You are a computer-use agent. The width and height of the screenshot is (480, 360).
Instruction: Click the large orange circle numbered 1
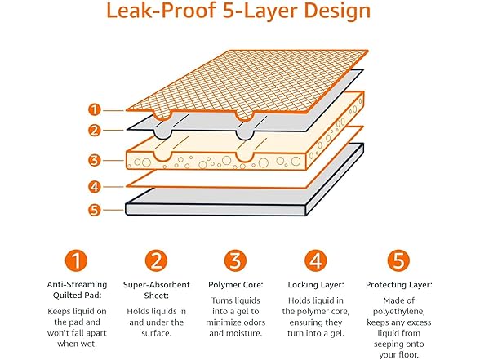click(x=76, y=260)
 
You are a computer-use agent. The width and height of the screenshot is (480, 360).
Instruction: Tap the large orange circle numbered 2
click(x=156, y=260)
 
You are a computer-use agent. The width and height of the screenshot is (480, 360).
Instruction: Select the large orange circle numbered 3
click(x=236, y=260)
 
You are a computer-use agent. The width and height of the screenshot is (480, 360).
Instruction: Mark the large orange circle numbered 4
click(x=316, y=260)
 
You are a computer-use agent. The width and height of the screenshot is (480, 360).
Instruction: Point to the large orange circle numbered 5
click(x=396, y=260)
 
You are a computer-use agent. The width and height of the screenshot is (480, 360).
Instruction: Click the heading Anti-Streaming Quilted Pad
click(x=76, y=291)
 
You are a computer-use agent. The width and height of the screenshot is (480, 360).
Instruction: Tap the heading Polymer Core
click(x=236, y=286)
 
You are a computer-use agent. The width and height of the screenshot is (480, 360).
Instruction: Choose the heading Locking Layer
click(x=316, y=286)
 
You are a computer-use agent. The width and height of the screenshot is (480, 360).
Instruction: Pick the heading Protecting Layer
click(x=396, y=286)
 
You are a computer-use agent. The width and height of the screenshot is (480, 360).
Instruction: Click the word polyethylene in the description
click(x=396, y=313)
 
